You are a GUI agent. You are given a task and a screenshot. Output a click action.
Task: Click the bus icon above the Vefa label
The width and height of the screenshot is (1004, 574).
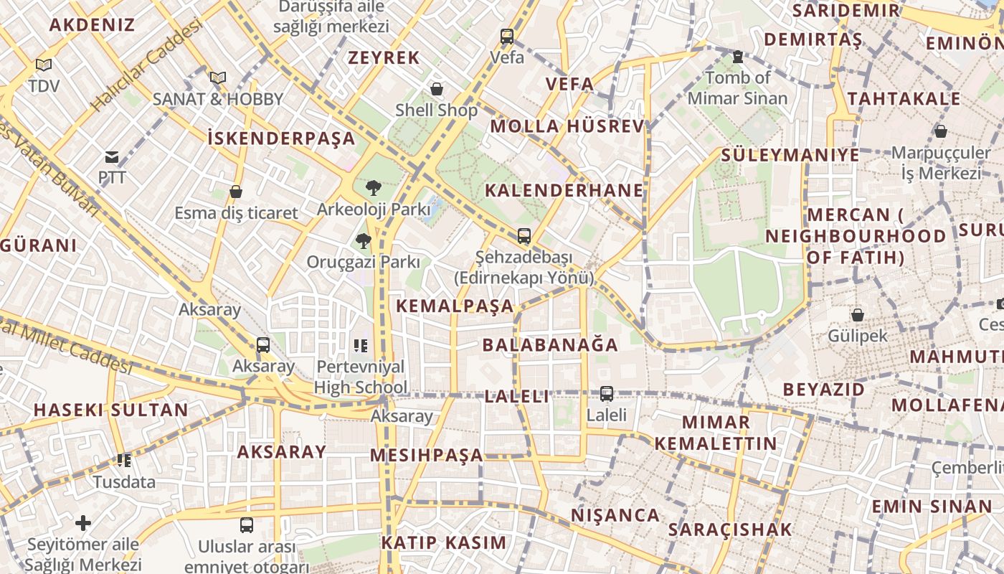(x=507, y=36)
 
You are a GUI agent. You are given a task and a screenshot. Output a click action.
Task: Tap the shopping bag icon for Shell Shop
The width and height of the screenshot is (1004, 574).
(x=436, y=89)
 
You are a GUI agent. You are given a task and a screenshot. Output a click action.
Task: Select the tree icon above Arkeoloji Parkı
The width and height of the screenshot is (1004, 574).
(x=373, y=188)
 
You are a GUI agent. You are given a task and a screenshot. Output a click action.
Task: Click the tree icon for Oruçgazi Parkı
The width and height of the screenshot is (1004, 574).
(x=364, y=240)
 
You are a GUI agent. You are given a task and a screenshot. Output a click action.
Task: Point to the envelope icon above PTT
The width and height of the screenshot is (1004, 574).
(x=112, y=156)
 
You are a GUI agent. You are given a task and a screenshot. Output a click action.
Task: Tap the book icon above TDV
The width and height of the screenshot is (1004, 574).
(x=44, y=65)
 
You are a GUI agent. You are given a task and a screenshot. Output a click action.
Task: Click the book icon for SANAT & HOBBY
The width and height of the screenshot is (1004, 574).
(x=218, y=77)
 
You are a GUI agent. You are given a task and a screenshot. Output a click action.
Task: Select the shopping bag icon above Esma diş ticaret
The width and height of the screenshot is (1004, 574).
(x=236, y=192)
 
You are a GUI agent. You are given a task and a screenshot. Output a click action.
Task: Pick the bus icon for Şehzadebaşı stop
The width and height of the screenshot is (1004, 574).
(x=524, y=235)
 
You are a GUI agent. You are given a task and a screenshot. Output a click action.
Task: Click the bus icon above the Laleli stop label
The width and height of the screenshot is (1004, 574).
(x=606, y=393)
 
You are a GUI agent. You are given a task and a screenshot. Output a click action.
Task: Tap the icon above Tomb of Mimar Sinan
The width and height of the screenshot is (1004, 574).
(x=737, y=57)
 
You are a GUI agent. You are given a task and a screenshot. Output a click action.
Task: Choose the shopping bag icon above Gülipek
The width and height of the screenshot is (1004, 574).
(x=857, y=314)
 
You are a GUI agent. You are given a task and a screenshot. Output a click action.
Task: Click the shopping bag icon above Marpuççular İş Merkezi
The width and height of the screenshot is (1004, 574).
(x=940, y=131)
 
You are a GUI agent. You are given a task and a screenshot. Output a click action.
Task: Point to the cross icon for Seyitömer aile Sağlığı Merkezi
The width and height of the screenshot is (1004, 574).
(x=83, y=523)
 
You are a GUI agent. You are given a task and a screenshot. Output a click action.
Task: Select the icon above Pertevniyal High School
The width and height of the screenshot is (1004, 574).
(x=360, y=346)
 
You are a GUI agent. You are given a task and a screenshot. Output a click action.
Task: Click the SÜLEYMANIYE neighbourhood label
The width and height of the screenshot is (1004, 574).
(x=790, y=155)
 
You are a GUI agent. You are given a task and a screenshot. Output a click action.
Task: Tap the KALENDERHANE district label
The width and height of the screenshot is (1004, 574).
(x=564, y=190)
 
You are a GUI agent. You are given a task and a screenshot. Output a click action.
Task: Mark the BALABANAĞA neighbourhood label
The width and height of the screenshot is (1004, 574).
(x=550, y=345)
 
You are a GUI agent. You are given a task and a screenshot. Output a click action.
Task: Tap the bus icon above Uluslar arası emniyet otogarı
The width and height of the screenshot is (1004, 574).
(x=247, y=524)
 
